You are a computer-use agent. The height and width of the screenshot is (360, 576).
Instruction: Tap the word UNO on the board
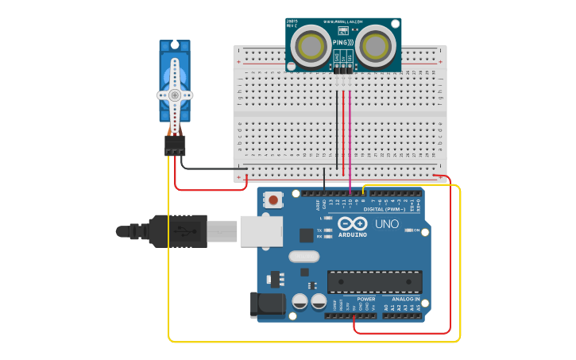click(386, 225)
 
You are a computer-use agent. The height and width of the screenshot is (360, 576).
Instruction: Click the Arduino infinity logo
click(352, 223)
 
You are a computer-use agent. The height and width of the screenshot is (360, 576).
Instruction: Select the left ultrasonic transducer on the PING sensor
click(309, 44)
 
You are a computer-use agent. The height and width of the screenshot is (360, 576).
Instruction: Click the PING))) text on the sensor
click(343, 41)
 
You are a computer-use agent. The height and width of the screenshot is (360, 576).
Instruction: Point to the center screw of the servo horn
click(175, 95)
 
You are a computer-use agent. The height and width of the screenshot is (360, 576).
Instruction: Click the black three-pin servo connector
click(175, 145)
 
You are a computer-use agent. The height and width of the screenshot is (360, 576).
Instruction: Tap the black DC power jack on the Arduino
click(266, 305)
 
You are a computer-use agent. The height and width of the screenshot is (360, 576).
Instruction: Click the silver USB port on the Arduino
click(261, 230)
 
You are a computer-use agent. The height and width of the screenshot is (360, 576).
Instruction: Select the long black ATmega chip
click(374, 281)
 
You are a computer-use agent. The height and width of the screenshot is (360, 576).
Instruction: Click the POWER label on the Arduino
click(366, 300)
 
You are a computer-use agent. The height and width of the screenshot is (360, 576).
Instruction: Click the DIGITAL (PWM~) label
click(385, 209)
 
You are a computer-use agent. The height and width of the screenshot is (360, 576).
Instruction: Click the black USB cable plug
click(178, 231)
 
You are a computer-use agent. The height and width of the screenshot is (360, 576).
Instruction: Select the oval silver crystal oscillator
click(303, 257)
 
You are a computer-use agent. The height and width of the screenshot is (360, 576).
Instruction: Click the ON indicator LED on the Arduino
click(409, 230)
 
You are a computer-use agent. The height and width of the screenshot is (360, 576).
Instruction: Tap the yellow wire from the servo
click(169, 262)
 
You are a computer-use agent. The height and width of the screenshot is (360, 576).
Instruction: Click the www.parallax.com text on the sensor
click(343, 21)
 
